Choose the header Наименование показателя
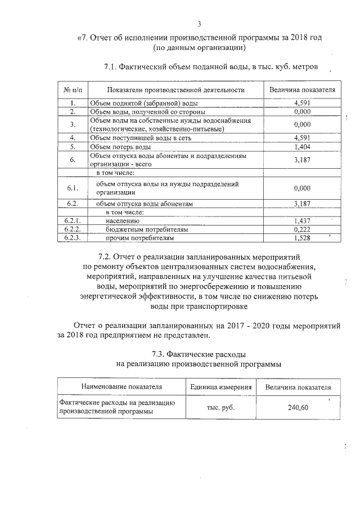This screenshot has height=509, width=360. click(x=121, y=387)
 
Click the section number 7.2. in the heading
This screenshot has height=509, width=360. click(x=105, y=256)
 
